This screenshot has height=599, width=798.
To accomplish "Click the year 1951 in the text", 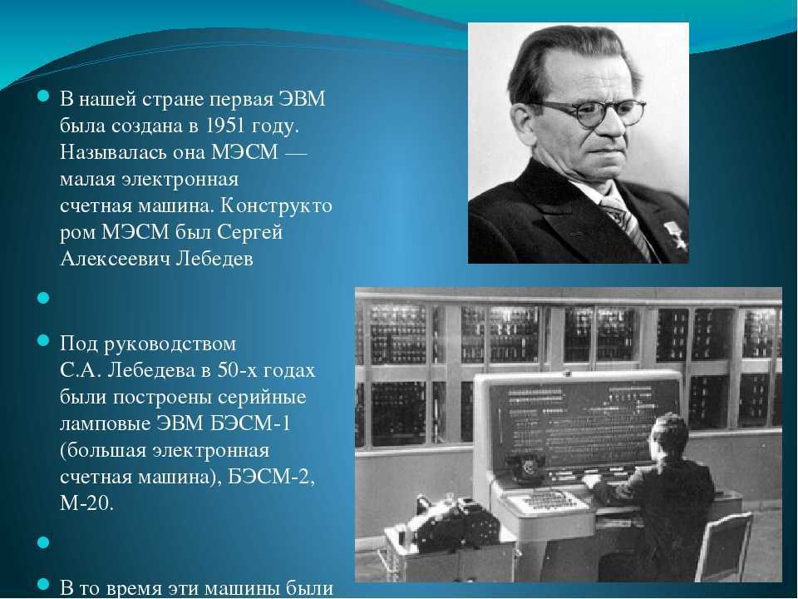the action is click(224, 126).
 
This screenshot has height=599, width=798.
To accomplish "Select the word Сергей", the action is click(249, 233).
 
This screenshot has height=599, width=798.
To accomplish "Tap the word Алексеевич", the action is click(115, 259).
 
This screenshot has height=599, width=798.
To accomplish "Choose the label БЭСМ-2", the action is click(271, 477).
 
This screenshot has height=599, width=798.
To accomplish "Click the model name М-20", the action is click(86, 503).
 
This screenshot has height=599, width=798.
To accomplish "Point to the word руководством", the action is click(170, 344).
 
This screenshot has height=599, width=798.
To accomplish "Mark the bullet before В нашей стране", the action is click(43, 95).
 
